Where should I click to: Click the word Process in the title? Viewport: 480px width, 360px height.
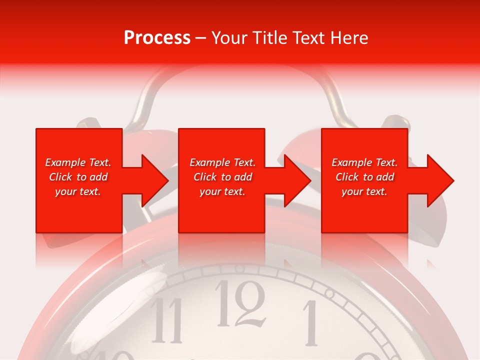click(157, 38)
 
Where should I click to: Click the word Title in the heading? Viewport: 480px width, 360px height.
click(269, 38)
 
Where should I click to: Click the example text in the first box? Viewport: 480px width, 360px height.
click(78, 177)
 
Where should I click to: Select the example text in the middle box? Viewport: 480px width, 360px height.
click(222, 177)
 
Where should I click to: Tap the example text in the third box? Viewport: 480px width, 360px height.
click(364, 177)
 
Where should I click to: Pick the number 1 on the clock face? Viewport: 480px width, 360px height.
click(310, 322)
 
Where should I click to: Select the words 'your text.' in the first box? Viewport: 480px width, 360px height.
click(78, 191)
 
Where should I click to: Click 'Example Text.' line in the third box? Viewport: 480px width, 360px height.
click(364, 162)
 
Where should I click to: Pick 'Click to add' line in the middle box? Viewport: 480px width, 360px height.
click(222, 177)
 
